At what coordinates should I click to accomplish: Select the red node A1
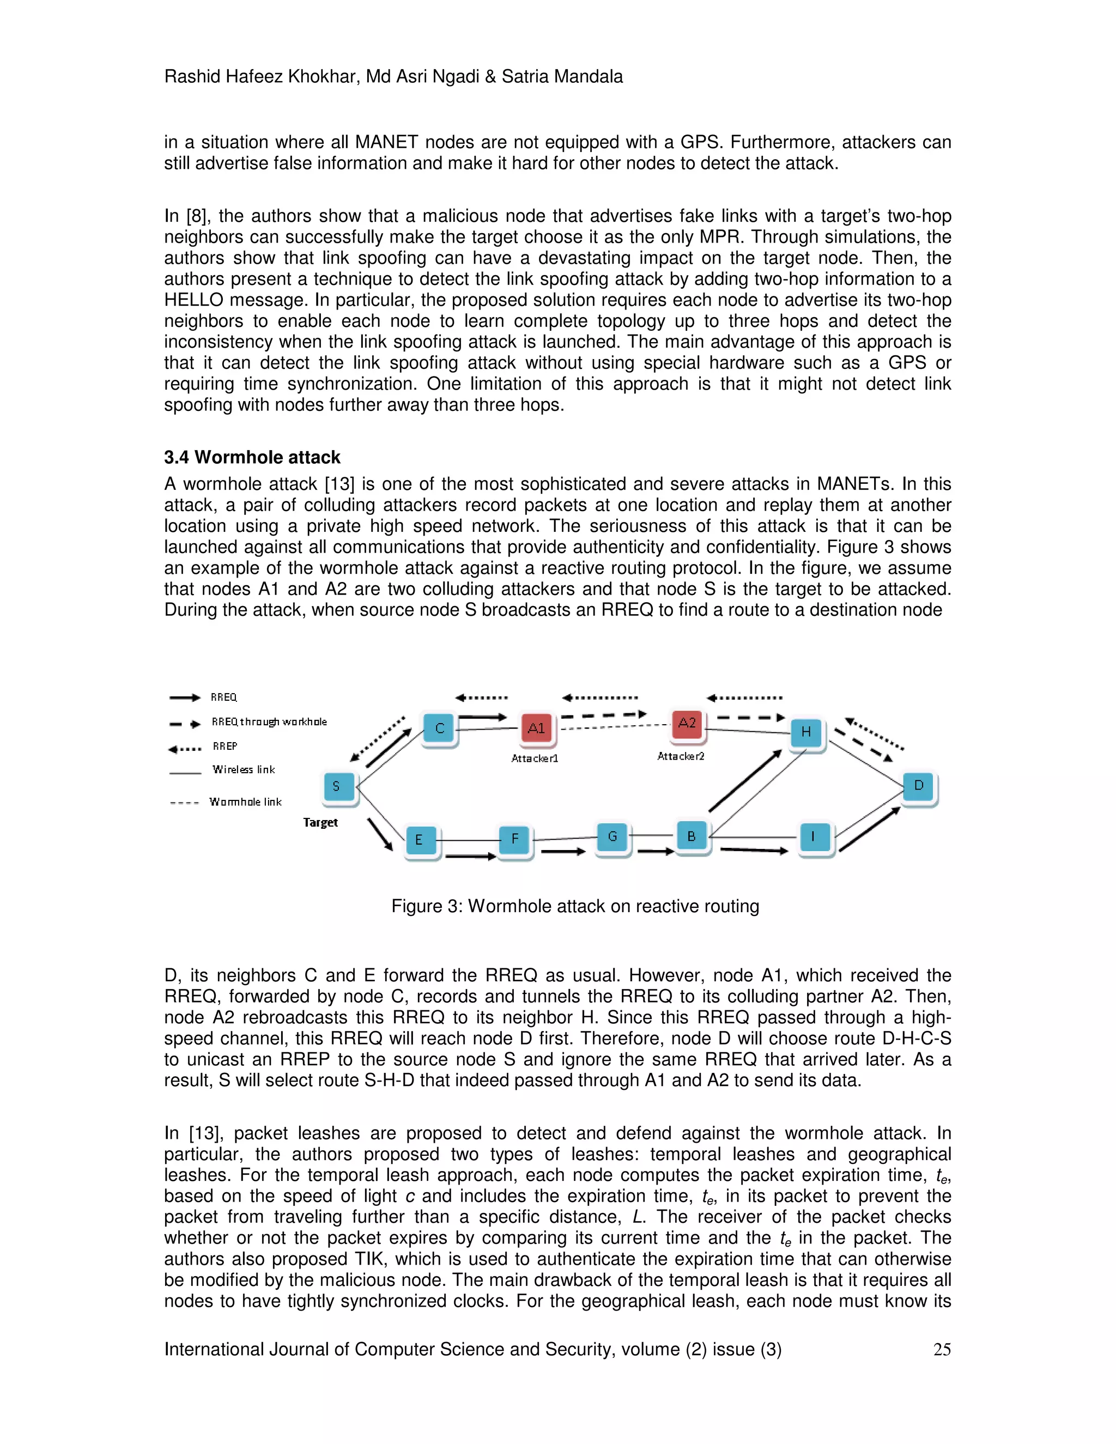(x=537, y=729)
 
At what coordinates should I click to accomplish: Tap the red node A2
(x=687, y=723)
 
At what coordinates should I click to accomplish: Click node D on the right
(x=918, y=786)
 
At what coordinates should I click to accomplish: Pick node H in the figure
(x=806, y=732)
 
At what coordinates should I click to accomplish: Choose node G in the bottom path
(x=612, y=837)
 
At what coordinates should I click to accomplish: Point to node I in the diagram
(x=813, y=837)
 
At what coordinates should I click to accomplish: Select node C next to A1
(x=440, y=729)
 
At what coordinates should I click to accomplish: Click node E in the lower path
(x=419, y=840)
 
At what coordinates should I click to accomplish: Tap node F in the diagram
(x=514, y=840)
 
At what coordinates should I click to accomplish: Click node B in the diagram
(x=692, y=836)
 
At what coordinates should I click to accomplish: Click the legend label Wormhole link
(x=245, y=802)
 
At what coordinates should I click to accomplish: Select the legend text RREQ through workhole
(x=269, y=722)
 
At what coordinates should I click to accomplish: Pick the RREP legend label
(x=225, y=747)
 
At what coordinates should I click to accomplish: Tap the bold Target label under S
(x=320, y=822)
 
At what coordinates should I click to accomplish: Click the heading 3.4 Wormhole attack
(x=252, y=458)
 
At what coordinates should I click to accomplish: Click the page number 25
(x=942, y=1349)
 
